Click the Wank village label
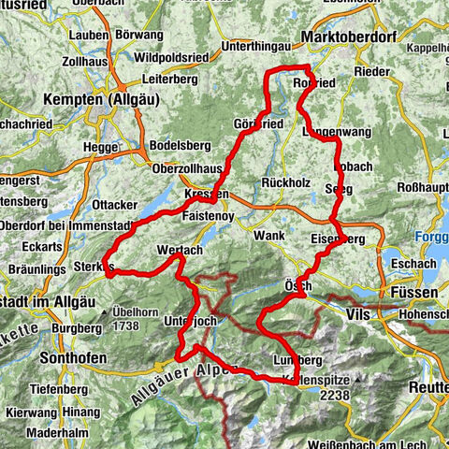click(x=268, y=236)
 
